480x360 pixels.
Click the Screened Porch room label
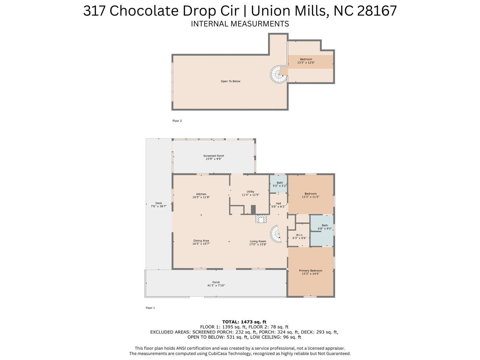214,157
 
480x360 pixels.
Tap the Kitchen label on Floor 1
201,195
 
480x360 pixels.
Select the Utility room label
250,193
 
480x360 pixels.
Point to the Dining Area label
201,242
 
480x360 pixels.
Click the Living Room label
258,243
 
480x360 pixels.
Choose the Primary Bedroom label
310,272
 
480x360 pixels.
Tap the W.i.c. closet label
299,236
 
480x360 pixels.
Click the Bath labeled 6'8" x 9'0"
325,227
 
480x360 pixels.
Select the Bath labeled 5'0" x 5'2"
280,184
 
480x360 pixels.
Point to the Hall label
278,205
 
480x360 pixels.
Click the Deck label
158,205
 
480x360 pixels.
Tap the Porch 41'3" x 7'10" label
216,284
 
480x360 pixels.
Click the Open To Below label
231,81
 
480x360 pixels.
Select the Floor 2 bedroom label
306,61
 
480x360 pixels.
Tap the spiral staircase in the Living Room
276,234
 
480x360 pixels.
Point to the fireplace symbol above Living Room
261,219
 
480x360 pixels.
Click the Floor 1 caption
150,308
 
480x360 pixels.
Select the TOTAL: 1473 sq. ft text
244,322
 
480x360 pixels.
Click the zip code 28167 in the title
377,11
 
